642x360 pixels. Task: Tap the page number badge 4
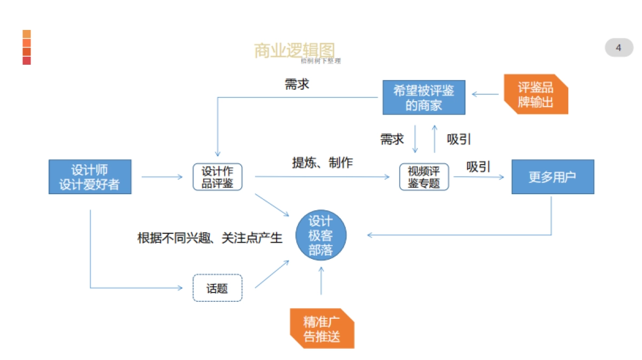[618, 48]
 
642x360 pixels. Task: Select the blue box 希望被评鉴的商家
[424, 97]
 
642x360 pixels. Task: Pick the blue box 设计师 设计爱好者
[90, 177]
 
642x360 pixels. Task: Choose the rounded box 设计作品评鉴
[217, 177]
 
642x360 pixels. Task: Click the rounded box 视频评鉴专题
[424, 177]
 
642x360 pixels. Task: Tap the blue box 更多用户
[553, 177]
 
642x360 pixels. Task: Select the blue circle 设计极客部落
[321, 236]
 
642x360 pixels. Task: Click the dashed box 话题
[217, 288]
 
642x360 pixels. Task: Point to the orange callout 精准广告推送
[322, 329]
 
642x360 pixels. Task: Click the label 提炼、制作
[322, 163]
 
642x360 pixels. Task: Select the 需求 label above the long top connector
[297, 85]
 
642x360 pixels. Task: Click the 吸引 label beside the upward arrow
[459, 139]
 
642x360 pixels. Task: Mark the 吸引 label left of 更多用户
[478, 167]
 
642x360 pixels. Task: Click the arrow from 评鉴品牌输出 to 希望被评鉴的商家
[485, 94]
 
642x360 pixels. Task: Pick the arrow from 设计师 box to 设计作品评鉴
[162, 177]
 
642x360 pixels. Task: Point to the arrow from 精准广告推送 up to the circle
[322, 280]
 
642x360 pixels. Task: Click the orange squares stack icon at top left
[27, 48]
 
